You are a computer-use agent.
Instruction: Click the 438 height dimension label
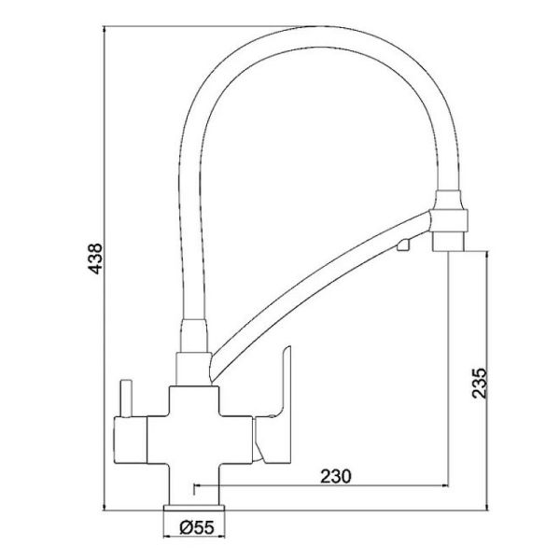(x=95, y=259)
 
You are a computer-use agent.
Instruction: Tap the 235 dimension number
(x=480, y=384)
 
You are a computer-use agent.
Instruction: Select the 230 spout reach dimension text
(x=336, y=476)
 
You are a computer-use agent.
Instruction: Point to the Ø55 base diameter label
(x=197, y=527)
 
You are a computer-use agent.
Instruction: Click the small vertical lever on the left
(x=127, y=399)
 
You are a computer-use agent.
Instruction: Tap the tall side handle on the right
(x=277, y=407)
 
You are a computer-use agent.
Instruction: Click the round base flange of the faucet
(x=194, y=508)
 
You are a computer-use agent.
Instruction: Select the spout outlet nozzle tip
(x=448, y=242)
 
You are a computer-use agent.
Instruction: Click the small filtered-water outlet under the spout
(x=403, y=245)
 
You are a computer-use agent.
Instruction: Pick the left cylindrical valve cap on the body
(x=131, y=440)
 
